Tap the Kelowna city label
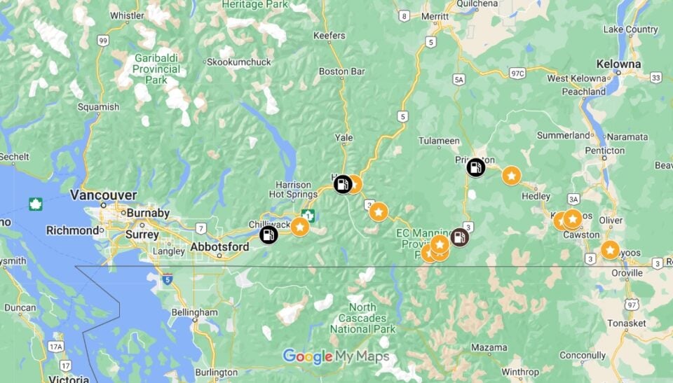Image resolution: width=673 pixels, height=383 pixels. pos(618,64)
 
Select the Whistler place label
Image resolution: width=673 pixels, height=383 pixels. pos(127,15)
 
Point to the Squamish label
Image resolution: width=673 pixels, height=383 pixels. pos(98,107)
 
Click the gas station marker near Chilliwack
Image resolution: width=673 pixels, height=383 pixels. pos(268,235)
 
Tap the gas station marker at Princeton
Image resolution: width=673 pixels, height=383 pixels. pos(476,167)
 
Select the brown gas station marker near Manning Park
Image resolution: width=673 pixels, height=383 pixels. pos(459,237)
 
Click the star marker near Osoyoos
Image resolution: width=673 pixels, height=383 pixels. pos(610,250)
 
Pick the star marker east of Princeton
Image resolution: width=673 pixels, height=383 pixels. pos(512,176)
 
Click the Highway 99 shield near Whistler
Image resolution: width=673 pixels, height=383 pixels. pos(103,41)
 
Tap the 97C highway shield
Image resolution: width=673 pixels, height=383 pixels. pos(518,73)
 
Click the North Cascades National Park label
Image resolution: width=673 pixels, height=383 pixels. pos(362,318)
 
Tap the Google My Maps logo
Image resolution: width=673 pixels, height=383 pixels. pos(336,356)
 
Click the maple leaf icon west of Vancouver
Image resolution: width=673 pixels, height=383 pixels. pos(35,204)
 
